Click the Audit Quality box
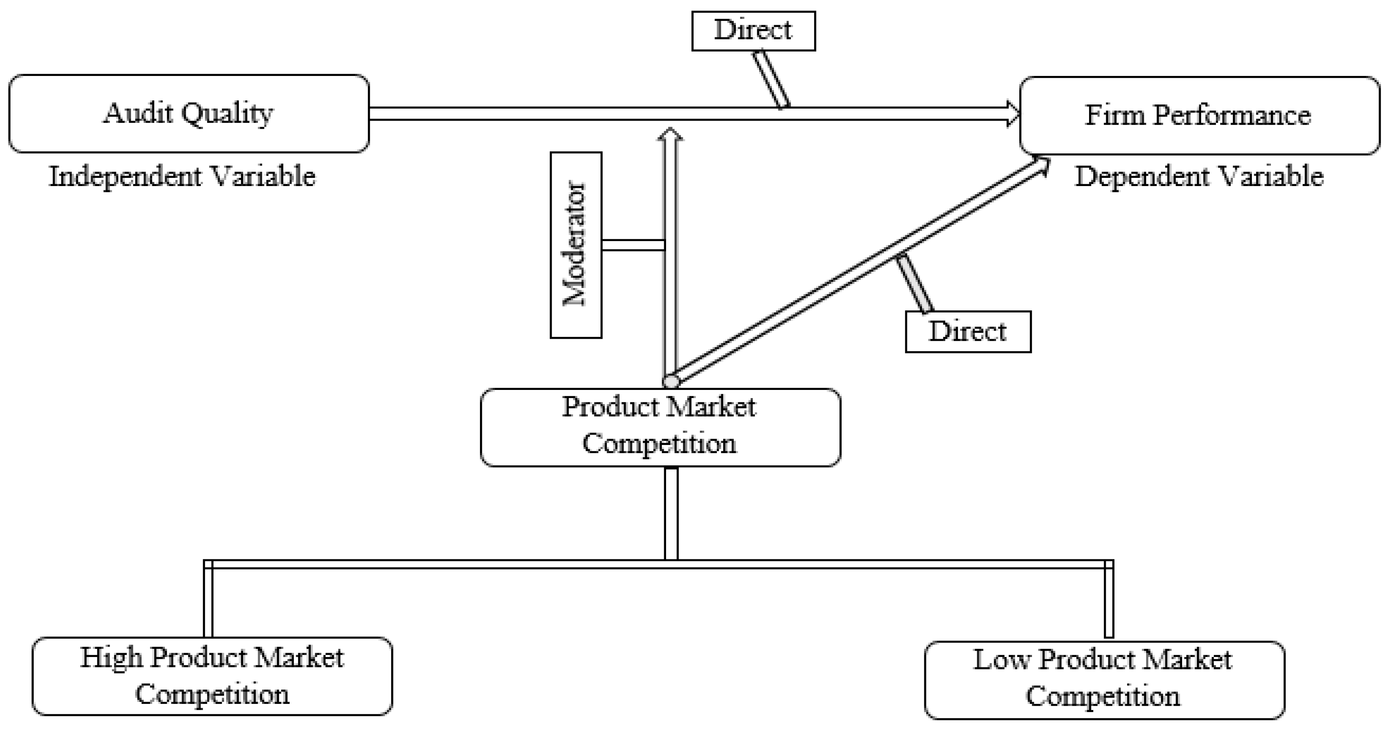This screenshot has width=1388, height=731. tap(188, 114)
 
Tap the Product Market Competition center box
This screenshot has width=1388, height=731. tap(660, 427)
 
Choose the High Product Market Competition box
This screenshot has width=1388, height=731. tap(212, 676)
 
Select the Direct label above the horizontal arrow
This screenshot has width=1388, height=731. tap(753, 31)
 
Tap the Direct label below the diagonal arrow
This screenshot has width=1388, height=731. tap(968, 332)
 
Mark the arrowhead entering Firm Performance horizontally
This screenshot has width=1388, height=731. tap(1013, 114)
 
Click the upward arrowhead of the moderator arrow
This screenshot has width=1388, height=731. tap(670, 134)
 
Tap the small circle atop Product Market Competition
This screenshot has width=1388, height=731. tap(671, 382)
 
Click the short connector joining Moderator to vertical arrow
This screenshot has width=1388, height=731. tap(633, 245)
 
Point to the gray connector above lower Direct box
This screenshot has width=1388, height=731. tap(914, 284)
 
